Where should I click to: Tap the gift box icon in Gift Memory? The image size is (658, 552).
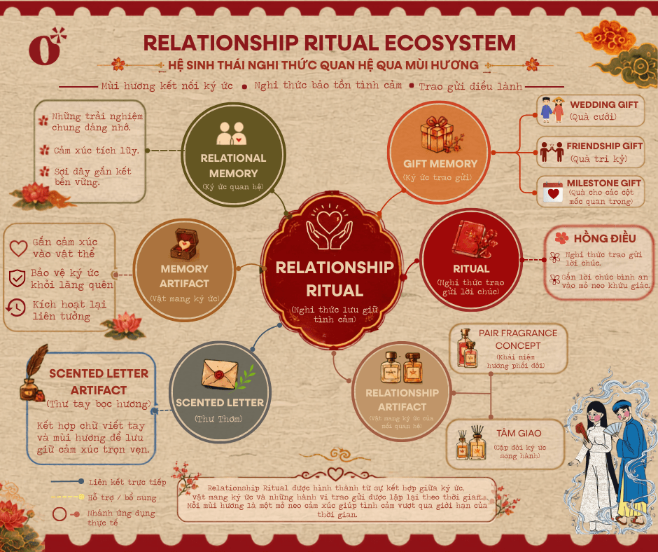pos(437,134)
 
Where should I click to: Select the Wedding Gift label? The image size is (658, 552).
pos(604,104)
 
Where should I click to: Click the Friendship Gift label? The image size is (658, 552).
pos(604,146)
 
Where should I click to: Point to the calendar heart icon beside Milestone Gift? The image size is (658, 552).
pos(553,192)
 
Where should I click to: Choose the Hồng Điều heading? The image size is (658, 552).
pos(605,238)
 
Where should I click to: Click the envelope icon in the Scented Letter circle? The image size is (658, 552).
pos(220,374)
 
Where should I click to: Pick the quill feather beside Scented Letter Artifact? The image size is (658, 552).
pos(37,361)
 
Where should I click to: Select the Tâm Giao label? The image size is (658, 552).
pos(519,433)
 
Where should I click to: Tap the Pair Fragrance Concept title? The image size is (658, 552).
pos(518,339)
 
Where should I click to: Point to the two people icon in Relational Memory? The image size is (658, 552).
pos(232,133)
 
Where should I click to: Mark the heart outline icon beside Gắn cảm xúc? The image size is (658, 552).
pos(18,248)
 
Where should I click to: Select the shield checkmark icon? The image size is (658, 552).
pos(17,278)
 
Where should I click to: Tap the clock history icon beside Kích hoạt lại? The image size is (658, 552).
pos(15,308)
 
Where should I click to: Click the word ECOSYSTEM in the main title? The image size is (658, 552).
pos(449,43)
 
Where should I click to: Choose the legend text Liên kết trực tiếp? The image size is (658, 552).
pos(127,482)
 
